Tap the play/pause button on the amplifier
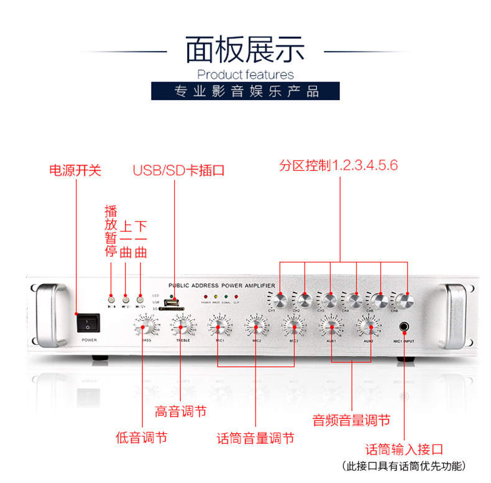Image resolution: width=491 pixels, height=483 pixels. [112, 297]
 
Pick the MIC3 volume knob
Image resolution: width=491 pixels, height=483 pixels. [293, 325]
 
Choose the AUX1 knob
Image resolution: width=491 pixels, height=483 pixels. [331, 325]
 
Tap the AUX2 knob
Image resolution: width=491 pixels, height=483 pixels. [368, 325]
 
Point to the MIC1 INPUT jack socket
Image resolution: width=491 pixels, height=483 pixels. [405, 326]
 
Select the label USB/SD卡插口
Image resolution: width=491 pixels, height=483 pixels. [178, 170]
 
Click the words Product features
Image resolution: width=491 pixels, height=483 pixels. [245, 75]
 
